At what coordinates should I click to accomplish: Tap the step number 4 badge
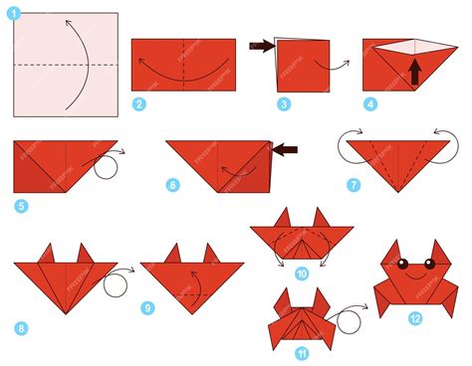coord(371,102)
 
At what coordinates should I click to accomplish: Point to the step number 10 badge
coord(301,273)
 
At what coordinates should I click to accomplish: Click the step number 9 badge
coord(147,308)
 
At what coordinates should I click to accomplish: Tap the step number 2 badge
coord(139,103)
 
